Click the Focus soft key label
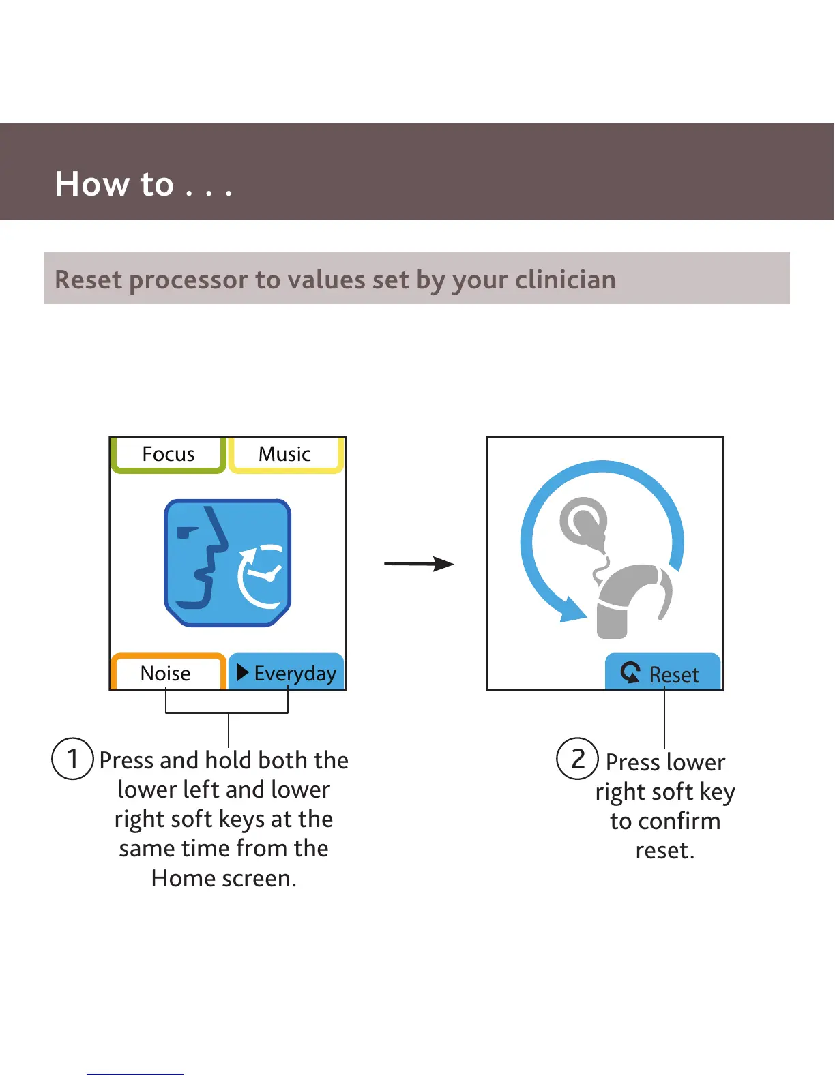[168, 454]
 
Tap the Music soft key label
[284, 454]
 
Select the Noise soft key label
[166, 674]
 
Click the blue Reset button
[662, 673]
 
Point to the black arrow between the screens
[419, 564]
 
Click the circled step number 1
[72, 758]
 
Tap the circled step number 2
[577, 758]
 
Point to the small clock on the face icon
[262, 577]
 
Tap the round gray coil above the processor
[583, 522]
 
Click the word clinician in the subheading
[565, 280]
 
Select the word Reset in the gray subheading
[88, 280]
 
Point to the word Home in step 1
[183, 878]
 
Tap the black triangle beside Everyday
[242, 673]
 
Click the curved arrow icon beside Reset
[631, 672]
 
